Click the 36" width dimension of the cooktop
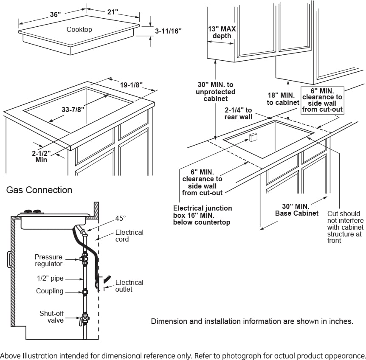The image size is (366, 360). point(55,14)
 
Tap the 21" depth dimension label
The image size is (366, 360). point(113,12)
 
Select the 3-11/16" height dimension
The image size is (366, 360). point(168,31)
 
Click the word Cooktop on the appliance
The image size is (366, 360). point(79,29)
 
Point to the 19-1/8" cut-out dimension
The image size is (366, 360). point(131,85)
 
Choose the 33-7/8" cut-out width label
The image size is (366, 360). point(73,109)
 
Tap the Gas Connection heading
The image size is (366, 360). point(39,190)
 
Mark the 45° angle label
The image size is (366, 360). point(121,218)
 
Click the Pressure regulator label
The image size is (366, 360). point(48,260)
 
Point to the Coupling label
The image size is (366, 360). point(50,291)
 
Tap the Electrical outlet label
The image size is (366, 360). point(129,286)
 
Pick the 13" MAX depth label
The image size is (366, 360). point(222,33)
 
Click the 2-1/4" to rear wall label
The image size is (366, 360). point(239,113)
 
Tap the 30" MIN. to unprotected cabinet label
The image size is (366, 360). point(216,92)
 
